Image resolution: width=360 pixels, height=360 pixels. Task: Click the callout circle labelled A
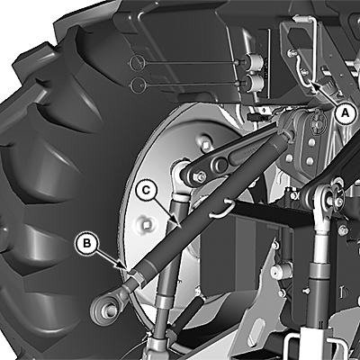pyautogui.click(x=346, y=114)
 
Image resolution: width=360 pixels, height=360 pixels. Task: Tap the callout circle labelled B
pyautogui.click(x=86, y=243)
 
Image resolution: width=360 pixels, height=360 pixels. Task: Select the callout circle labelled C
pyautogui.click(x=145, y=190)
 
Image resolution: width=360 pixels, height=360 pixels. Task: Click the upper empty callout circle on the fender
pyautogui.click(x=138, y=62)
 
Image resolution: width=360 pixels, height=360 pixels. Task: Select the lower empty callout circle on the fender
pyautogui.click(x=139, y=85)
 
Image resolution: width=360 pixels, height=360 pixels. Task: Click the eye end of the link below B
pyautogui.click(x=104, y=309)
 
